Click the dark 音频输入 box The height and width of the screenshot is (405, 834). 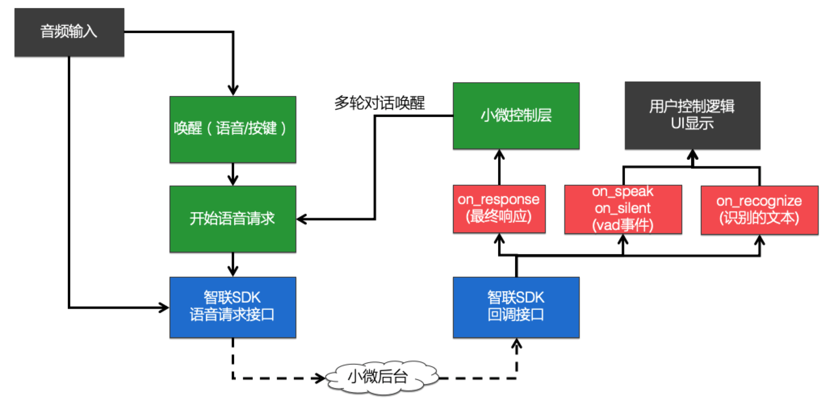pos(69,32)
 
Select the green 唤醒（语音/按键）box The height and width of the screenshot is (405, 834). pos(233,129)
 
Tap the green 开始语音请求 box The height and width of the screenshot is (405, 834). pos(233,219)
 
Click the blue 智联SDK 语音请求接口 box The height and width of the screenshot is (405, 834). pos(233,307)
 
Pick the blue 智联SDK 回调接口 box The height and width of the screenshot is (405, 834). pos(516,307)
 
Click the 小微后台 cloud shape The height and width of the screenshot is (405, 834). pos(379,377)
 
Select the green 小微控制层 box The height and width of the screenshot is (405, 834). pos(516,116)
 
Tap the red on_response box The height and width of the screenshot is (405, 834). pos(499,209)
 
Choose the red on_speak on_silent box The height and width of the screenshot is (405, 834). pos(623,209)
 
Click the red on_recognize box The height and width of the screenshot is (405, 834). pos(759,210)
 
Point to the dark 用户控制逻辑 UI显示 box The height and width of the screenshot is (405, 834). pos(692,115)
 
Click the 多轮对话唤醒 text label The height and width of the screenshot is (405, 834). pos(379,103)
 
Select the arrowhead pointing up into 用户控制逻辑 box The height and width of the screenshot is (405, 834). pos(693,155)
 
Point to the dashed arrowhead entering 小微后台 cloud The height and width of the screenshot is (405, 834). pos(320,378)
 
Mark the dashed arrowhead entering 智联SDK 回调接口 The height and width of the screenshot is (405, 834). pos(517,344)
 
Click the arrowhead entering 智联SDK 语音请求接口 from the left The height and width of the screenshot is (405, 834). pos(164,308)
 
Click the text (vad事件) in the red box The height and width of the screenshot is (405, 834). pos(623,225)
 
